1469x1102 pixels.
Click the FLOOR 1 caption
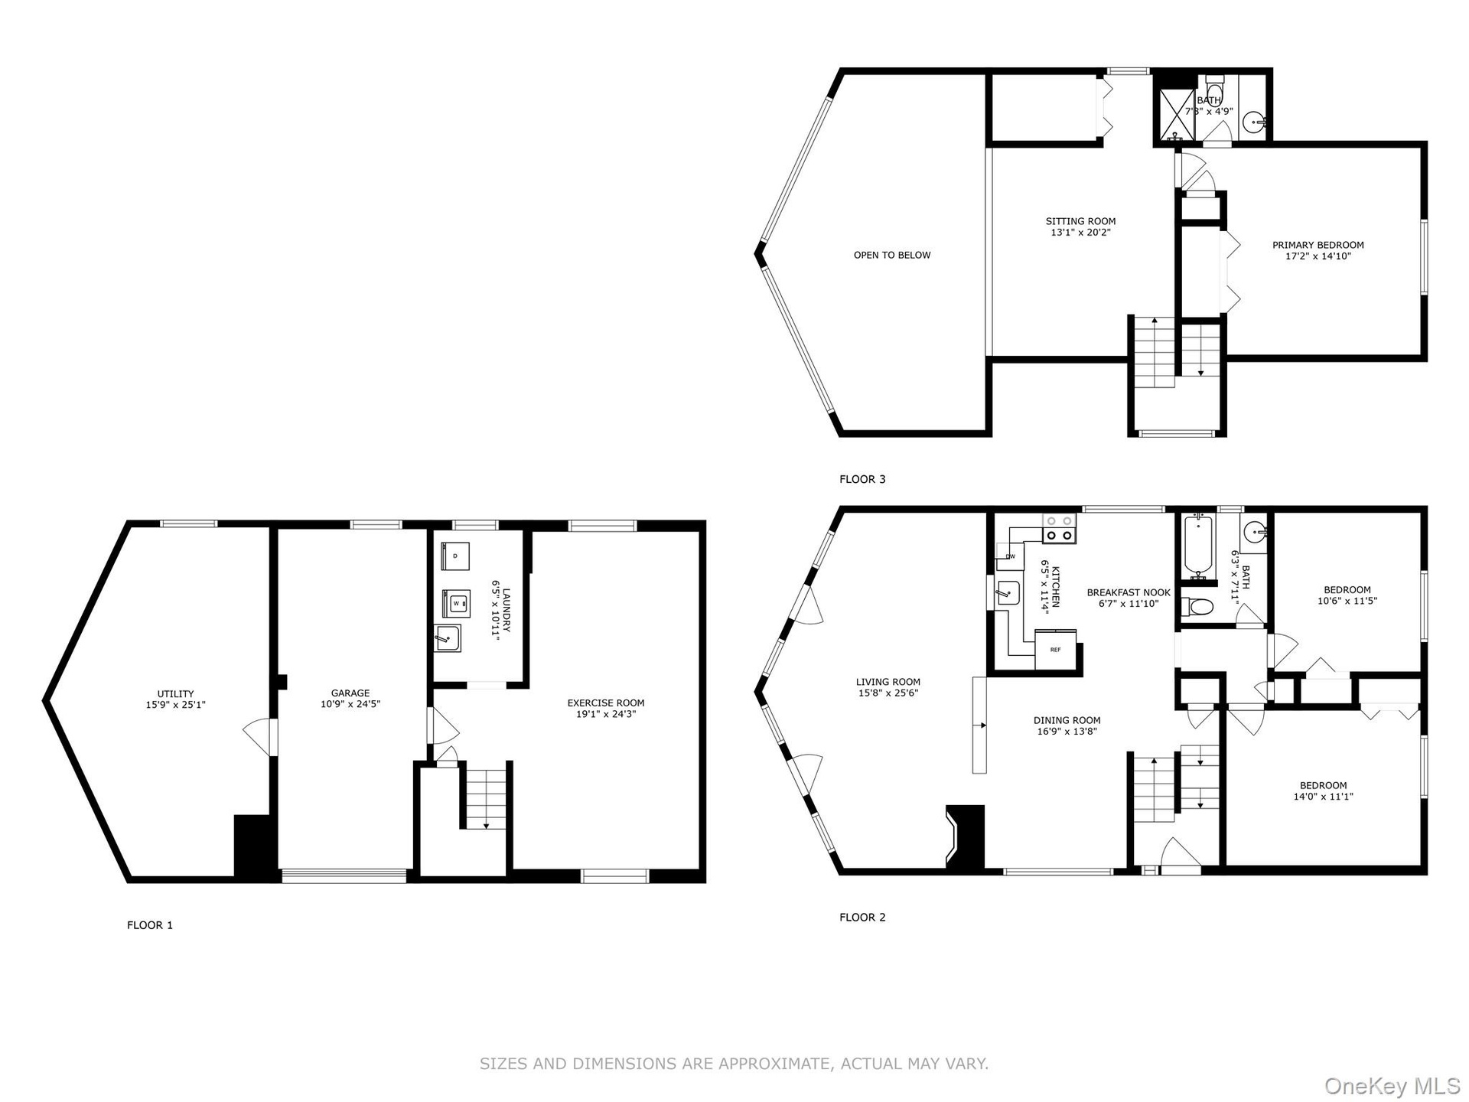click(x=150, y=925)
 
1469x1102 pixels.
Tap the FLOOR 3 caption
click(x=862, y=479)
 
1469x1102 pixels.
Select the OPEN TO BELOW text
click(x=892, y=255)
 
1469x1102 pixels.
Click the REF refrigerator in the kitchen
click(x=1056, y=650)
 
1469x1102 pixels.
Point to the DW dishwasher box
click(x=1010, y=556)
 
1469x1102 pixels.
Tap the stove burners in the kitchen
click(x=1059, y=528)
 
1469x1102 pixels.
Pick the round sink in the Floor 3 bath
click(x=1254, y=121)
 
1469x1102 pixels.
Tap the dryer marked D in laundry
click(x=455, y=556)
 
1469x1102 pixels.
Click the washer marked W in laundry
click(x=456, y=604)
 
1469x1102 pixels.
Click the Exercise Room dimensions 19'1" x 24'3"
click(x=606, y=714)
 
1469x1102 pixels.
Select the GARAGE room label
click(x=350, y=693)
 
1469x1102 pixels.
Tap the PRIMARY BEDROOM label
click(x=1318, y=245)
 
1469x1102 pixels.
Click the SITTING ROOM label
click(x=1081, y=221)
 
